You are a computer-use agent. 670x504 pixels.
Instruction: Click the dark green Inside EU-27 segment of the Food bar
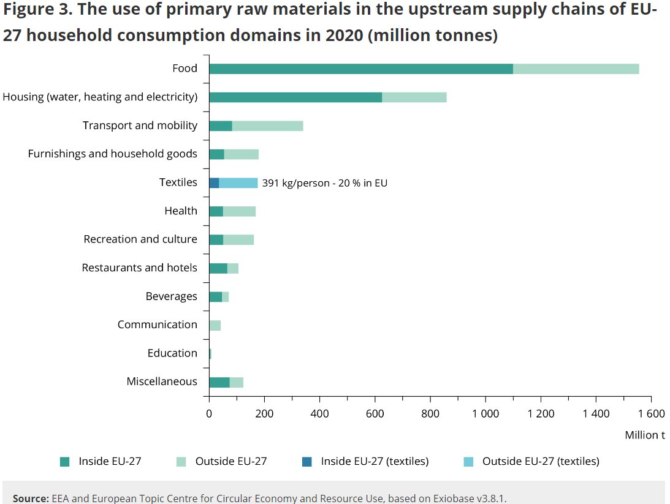click(360, 69)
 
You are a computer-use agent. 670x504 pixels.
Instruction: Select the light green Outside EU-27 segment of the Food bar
click(576, 69)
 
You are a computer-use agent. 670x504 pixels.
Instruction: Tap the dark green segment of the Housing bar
click(295, 97)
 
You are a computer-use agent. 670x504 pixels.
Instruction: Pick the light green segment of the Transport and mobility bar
click(267, 126)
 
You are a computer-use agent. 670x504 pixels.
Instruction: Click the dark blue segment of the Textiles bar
click(214, 182)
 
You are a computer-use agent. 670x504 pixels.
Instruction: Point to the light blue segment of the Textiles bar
click(238, 182)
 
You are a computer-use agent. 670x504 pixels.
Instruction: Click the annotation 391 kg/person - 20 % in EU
click(324, 182)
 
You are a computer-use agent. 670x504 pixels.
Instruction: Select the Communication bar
click(215, 325)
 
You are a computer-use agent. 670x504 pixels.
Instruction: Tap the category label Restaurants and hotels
click(139, 268)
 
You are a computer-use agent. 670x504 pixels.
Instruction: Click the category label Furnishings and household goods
click(112, 154)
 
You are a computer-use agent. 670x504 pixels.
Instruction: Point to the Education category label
click(172, 353)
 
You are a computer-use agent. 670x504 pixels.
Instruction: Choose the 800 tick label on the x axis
click(430, 413)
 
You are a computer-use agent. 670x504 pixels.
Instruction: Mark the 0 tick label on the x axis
click(209, 413)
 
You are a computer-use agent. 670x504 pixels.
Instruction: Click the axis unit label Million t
click(645, 435)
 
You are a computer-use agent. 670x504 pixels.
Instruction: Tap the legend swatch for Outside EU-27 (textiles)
click(470, 461)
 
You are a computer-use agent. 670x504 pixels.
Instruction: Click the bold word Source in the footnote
click(30, 498)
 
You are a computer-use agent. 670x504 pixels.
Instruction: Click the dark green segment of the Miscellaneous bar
click(219, 382)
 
